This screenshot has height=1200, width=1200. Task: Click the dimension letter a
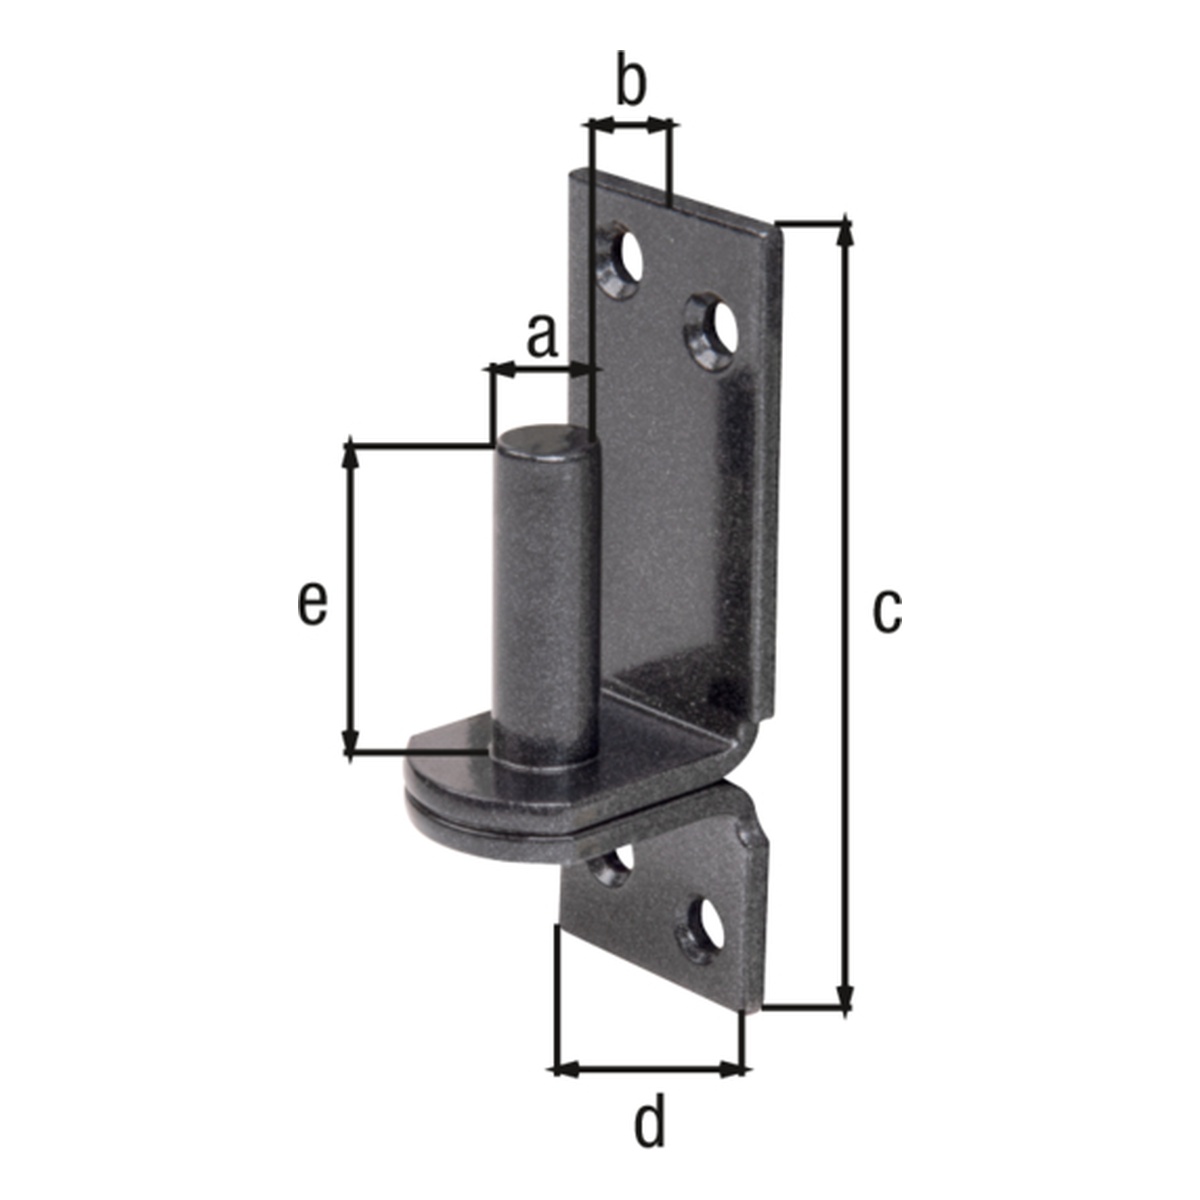pos(542,336)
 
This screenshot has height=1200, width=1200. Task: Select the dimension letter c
pos(887,612)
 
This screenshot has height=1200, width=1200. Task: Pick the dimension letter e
pos(312,603)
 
